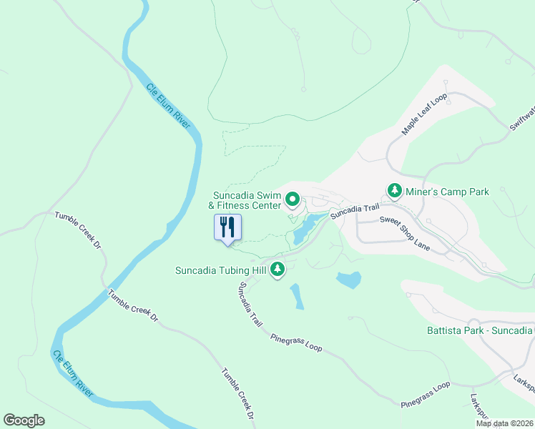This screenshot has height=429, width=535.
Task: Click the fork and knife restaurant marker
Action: point(228,228)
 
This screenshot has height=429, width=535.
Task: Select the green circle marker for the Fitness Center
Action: point(292,199)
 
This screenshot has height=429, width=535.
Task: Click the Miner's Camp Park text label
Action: point(447,192)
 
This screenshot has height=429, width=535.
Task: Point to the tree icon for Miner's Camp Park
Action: point(394,191)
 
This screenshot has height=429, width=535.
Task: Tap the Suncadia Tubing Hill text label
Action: point(220,270)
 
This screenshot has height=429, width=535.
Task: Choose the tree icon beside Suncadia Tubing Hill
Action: point(278,270)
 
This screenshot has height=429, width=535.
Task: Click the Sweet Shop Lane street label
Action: point(405,234)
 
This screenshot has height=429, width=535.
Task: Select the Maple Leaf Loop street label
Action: point(424,114)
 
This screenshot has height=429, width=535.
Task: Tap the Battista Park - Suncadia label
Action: point(480,330)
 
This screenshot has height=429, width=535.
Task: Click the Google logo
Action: point(24,420)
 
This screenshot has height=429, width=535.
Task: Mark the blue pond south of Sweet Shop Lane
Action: point(348,280)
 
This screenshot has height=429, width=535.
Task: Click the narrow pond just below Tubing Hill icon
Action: point(297,297)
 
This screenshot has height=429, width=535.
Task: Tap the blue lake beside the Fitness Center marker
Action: point(304,230)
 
